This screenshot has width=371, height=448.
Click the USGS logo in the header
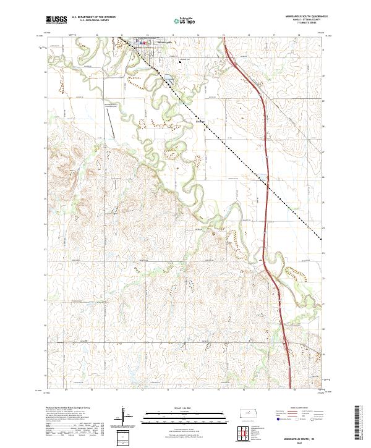click(x=56, y=20)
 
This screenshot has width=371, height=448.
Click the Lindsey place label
click(x=200, y=121)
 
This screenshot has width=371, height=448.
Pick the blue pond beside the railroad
click(x=166, y=79)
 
